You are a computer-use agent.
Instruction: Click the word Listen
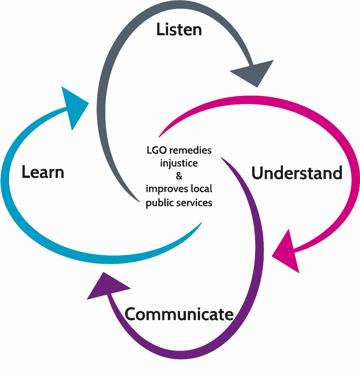(x=179, y=30)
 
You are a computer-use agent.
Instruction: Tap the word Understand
(x=297, y=173)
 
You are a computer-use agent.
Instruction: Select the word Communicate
(x=179, y=314)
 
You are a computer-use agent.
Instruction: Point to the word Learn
(x=43, y=172)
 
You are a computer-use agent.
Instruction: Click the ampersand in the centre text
(x=179, y=176)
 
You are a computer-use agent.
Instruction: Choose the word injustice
(x=179, y=163)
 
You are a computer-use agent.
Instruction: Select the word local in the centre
(x=201, y=189)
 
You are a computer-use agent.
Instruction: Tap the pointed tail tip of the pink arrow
(x=159, y=136)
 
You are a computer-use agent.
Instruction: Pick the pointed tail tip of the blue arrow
(x=202, y=222)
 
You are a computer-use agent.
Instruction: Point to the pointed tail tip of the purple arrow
(x=222, y=158)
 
